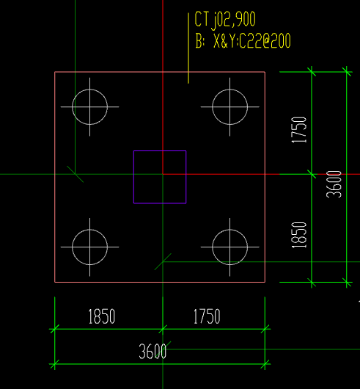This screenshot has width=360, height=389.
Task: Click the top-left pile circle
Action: pos(72,107)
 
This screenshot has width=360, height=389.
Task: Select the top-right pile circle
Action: pos(212,107)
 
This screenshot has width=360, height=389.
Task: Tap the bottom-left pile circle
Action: pos(72,247)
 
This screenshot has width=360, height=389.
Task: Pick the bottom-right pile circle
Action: pos(212,247)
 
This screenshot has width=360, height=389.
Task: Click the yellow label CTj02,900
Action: pos(225,20)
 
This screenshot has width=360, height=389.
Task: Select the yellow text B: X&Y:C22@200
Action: pos(243,40)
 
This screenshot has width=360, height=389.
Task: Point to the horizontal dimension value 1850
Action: pos(102,316)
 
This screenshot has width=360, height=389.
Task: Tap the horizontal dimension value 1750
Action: pos(207,316)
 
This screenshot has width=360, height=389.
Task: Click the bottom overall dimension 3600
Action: pos(153,352)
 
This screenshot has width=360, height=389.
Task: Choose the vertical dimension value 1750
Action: pos(299,130)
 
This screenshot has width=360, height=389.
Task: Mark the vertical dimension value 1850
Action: pos(299,235)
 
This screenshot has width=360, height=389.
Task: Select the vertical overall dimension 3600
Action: pos(334,184)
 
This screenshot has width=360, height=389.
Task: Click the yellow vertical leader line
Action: pos(188,48)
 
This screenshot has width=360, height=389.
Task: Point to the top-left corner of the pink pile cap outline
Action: pos(55,72)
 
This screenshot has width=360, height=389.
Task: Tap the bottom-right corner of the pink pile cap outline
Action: pos(265,282)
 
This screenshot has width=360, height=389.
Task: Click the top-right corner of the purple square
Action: pos(186,150)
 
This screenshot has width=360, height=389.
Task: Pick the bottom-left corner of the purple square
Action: pos(133,203)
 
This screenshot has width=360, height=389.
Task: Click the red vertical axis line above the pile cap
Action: pos(163,36)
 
